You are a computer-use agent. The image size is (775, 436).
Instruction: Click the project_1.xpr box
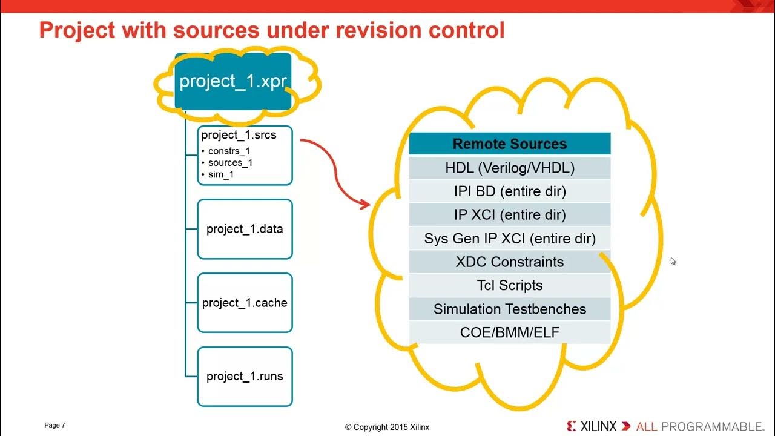click(x=233, y=81)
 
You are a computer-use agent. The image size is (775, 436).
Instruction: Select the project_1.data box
click(x=245, y=229)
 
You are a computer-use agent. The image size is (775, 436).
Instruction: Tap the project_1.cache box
click(x=245, y=303)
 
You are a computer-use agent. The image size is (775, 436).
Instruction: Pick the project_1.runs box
click(x=245, y=376)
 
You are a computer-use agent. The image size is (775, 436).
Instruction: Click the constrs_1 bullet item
click(x=228, y=151)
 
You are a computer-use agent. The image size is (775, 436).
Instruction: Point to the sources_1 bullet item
click(x=230, y=162)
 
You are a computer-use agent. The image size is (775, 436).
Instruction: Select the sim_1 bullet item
click(x=220, y=174)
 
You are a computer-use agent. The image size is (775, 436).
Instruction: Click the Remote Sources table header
click(x=510, y=144)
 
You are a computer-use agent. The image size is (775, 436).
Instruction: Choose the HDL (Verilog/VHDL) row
click(x=510, y=168)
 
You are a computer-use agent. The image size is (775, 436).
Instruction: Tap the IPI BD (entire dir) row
click(x=510, y=191)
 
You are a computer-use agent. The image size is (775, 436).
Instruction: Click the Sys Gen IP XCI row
click(x=510, y=239)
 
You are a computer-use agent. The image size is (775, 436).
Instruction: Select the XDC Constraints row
click(x=510, y=262)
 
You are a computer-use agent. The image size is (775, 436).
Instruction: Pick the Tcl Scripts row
click(x=510, y=285)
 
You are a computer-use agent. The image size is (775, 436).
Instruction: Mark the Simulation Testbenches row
click(x=510, y=309)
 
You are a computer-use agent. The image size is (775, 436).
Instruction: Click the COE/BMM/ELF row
click(x=510, y=332)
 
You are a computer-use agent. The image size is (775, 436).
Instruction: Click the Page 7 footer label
click(x=54, y=426)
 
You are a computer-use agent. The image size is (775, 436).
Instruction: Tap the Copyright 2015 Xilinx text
click(x=387, y=427)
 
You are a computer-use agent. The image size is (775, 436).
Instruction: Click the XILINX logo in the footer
click(x=592, y=426)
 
